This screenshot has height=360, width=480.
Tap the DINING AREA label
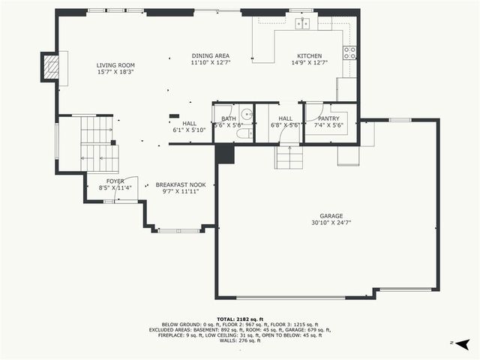(x=210, y=56)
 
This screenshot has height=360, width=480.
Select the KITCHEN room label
(x=309, y=56)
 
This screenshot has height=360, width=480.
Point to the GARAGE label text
(x=331, y=215)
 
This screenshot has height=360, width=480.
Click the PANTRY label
(x=328, y=118)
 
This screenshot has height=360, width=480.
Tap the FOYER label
(x=115, y=181)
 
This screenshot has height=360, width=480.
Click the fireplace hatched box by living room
(x=49, y=67)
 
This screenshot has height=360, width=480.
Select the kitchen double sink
(x=302, y=24)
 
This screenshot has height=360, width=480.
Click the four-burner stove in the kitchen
(x=349, y=52)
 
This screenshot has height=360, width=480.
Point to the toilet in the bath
(x=244, y=134)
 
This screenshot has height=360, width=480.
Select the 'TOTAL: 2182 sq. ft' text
(x=240, y=319)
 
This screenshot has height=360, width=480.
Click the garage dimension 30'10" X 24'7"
(x=331, y=223)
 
